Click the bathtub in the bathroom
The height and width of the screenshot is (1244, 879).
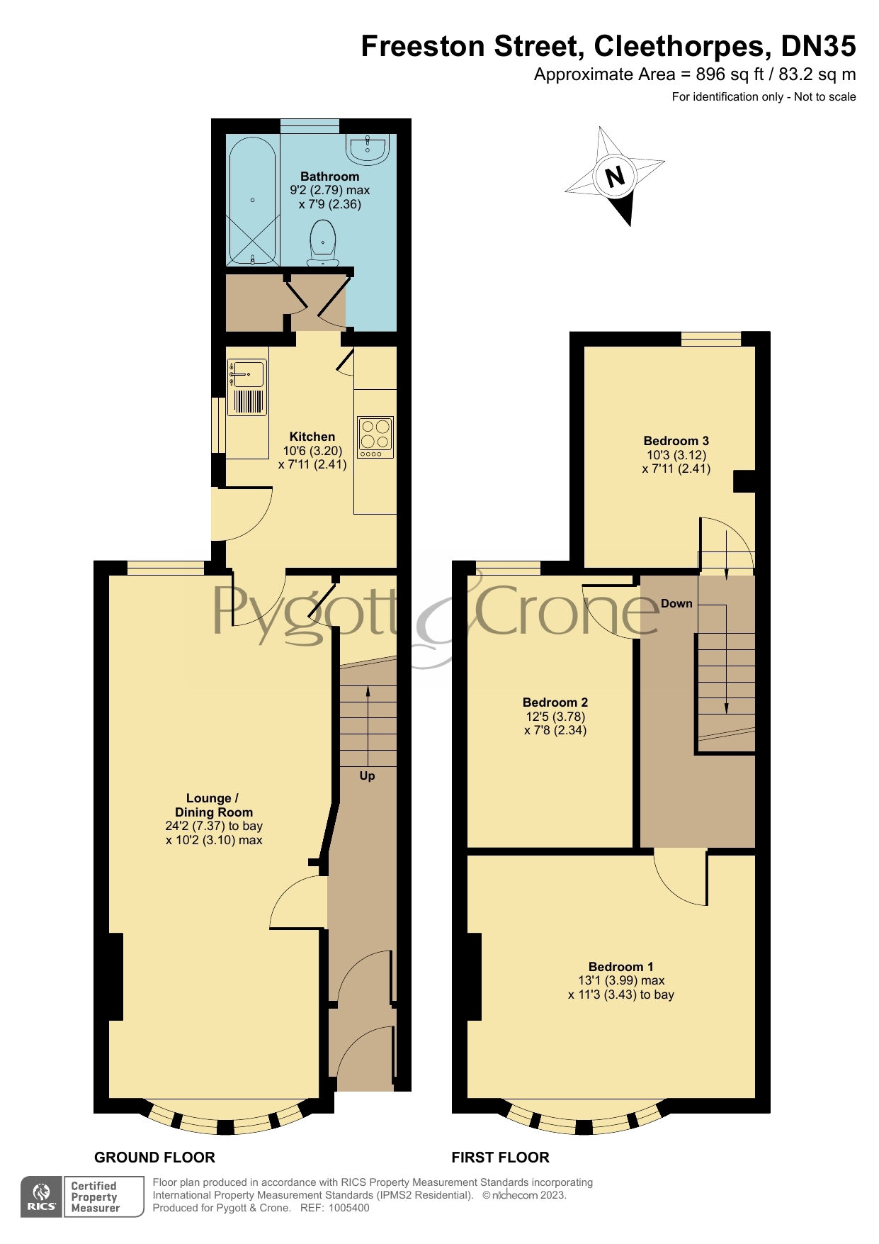coord(252,200)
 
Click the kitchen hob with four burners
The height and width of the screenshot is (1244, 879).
coord(375,437)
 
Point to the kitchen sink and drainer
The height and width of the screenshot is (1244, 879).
coord(247,387)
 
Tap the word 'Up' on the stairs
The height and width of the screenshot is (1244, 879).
coord(367,775)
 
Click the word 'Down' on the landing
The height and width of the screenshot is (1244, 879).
coord(676,603)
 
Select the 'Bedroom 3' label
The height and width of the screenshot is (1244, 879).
coord(676,440)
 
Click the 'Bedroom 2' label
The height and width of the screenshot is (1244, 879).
coord(555,702)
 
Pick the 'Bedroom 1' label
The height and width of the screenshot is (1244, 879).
coord(620,966)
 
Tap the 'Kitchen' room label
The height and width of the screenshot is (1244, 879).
coord(312,437)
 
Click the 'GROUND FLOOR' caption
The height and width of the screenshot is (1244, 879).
coord(154,1158)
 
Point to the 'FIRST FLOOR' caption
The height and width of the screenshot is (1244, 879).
coord(500,1158)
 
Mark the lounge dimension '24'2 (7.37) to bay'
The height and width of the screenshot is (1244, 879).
coord(214,826)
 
